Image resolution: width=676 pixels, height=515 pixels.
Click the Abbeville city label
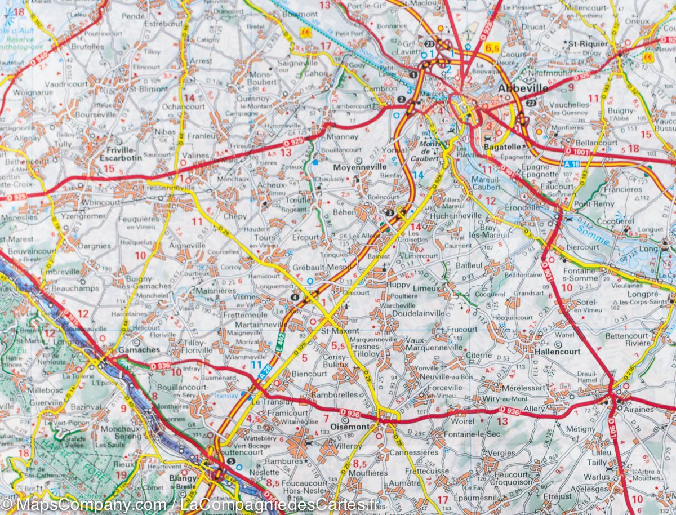click(523, 89)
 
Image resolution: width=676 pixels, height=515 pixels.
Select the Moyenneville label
click(359, 167)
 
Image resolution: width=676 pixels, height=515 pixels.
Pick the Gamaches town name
click(139, 349)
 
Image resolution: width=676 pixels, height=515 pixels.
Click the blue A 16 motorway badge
click(572, 164)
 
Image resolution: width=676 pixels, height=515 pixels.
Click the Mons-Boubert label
click(263, 78)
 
